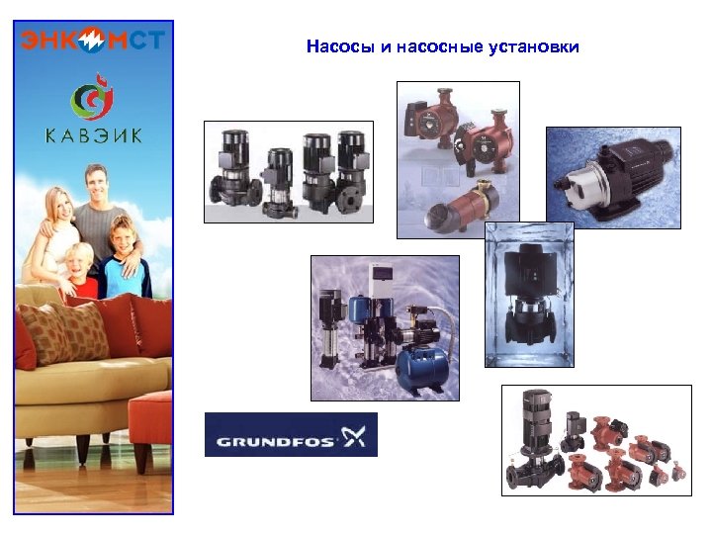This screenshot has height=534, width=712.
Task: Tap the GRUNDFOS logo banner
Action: click(x=291, y=435)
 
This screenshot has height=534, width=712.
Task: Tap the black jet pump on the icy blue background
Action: click(x=613, y=174)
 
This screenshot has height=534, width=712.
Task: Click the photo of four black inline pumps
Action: click(x=288, y=172)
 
